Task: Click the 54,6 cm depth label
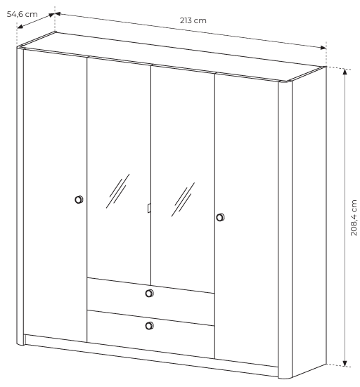22,14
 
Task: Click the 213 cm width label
193,20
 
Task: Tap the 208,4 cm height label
354,218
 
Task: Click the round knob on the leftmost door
79,199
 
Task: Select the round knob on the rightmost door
220,218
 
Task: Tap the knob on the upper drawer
149,293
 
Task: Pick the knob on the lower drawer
149,326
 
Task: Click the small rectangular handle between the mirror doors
149,208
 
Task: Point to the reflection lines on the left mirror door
117,191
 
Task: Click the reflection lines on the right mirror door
183,199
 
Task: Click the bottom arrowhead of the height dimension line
345,363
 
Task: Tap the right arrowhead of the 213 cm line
323,48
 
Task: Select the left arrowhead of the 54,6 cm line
20,27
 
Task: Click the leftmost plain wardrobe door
55,195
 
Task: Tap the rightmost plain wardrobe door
247,220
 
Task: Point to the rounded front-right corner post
285,229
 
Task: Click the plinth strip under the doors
150,355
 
